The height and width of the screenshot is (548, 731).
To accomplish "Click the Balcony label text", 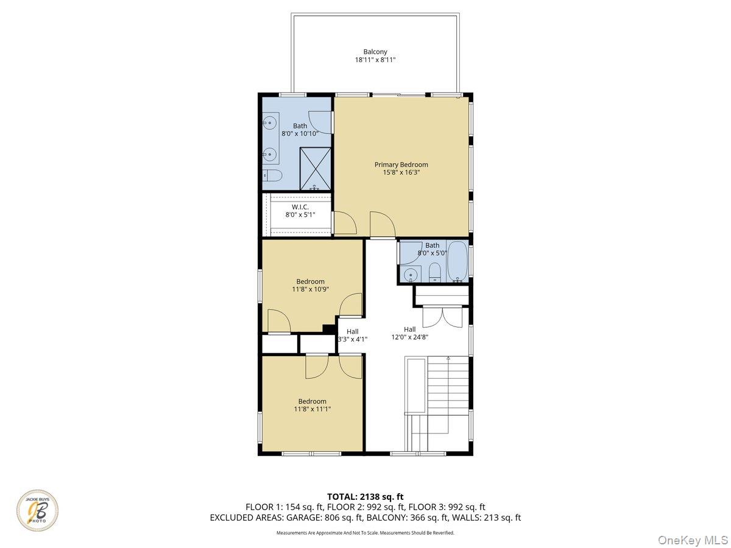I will point(375,52).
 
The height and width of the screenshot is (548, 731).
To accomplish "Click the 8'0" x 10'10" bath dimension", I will point(300,133).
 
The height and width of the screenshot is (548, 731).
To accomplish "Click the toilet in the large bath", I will point(272,177).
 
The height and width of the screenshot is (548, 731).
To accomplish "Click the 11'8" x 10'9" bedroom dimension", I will point(311,289).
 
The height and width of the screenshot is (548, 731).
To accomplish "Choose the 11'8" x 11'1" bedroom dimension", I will point(312,409).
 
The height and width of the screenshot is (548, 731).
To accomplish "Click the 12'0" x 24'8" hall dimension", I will point(409,337).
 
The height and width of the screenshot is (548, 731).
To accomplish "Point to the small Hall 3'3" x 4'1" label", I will point(352,336).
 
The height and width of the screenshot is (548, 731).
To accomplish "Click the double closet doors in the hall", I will point(442,317).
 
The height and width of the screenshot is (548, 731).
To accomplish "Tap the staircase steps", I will point(448,390).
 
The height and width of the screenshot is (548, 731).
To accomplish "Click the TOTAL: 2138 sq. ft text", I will point(365,497).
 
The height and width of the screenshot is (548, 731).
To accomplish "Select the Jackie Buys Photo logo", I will point(37,510).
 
